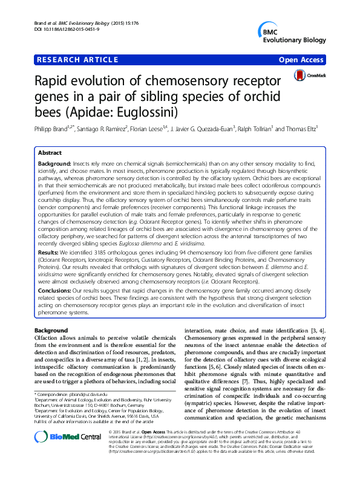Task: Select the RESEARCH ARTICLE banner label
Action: coord(77,60)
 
